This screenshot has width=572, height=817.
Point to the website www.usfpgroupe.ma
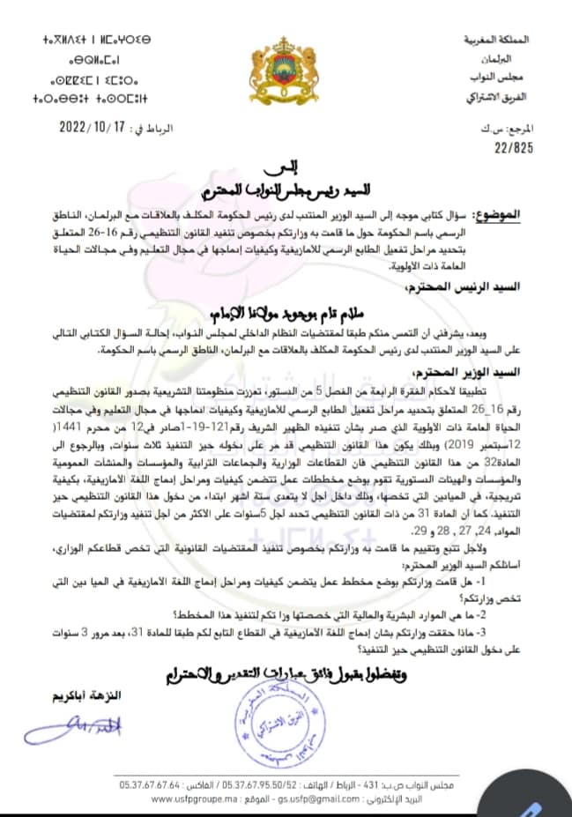click(x=186, y=799)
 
